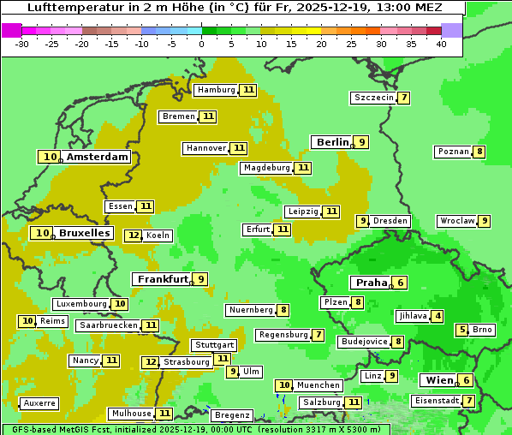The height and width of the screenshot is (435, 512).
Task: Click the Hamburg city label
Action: tap(216, 90)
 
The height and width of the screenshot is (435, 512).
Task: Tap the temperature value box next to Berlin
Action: tap(362, 142)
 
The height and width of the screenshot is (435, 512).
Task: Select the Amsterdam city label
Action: tap(98, 157)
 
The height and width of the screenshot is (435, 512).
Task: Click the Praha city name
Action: tap(372, 283)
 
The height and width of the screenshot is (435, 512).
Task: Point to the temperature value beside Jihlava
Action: tap(438, 316)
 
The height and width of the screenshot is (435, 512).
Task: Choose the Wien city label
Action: tap(437, 380)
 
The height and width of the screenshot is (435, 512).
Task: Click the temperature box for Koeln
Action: tap(133, 235)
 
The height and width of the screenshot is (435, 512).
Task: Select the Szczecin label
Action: tap(374, 98)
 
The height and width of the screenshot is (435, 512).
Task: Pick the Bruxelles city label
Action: tap(84, 233)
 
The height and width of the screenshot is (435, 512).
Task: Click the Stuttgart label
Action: tap(214, 345)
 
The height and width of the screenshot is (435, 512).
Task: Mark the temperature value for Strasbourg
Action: tap(151, 362)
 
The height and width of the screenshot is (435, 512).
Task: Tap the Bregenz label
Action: tap(232, 415)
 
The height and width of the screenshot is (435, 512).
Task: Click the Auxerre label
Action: tap(39, 402)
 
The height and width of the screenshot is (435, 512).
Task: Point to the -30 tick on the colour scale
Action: tap(22, 44)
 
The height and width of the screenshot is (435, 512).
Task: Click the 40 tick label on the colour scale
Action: tap(441, 44)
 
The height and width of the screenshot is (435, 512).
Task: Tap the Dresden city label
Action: tap(390, 221)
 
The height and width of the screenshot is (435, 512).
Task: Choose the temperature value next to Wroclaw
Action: tap(484, 221)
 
